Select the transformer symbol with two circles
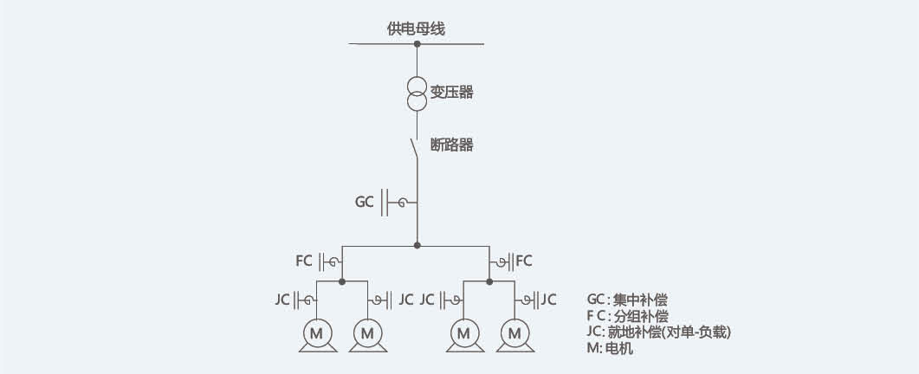tap(417, 93)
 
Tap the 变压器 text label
tap(452, 93)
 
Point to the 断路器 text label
tap(452, 145)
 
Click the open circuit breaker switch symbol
tap(415, 149)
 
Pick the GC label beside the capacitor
tap(365, 203)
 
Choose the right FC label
tap(523, 260)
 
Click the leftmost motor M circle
tap(316, 332)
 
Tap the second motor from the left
tap(368, 332)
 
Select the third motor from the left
tap(463, 332)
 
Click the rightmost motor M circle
tap(515, 332)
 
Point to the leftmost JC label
tap(282, 300)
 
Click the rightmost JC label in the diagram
tap(549, 300)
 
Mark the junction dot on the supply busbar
tap(417, 43)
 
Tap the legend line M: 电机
tap(610, 349)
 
